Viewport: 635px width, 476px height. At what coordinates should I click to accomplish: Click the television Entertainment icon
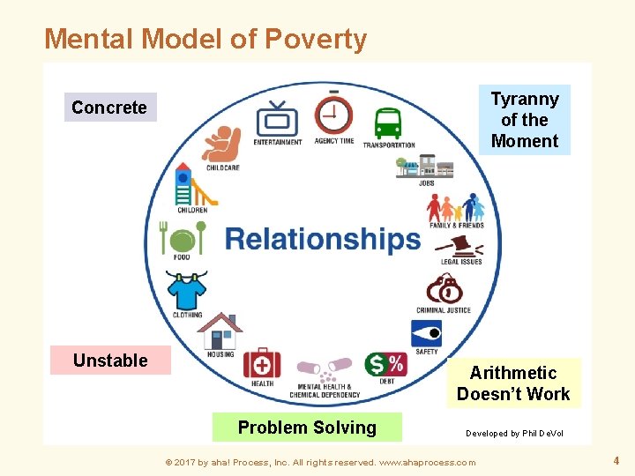(x=277, y=120)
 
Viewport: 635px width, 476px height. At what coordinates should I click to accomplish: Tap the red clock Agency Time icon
(x=334, y=115)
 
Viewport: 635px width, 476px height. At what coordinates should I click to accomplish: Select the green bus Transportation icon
(x=388, y=124)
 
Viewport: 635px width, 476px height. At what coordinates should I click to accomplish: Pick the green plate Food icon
(x=183, y=238)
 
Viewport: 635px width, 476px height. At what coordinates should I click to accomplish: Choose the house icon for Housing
(x=220, y=331)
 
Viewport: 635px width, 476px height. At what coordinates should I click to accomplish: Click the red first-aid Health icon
(x=262, y=362)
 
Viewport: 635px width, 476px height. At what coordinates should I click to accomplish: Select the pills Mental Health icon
(x=324, y=368)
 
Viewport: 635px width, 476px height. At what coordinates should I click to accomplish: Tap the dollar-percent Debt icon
(x=385, y=364)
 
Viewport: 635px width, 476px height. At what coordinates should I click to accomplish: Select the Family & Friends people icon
(x=456, y=207)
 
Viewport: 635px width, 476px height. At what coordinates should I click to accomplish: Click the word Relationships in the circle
(x=323, y=239)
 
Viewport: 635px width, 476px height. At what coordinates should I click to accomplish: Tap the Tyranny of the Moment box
(x=525, y=120)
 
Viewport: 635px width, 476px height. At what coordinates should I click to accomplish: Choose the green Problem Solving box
(x=307, y=428)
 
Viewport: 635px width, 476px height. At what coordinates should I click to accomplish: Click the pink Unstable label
(x=110, y=360)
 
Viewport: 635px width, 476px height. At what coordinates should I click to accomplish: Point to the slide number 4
(x=616, y=460)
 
